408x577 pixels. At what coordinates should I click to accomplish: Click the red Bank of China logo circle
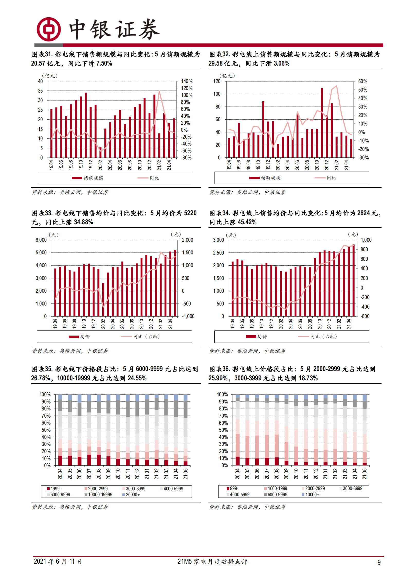click(x=49, y=29)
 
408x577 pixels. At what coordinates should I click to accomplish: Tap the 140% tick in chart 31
click(x=187, y=81)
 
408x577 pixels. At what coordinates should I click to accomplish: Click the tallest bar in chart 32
click(x=322, y=123)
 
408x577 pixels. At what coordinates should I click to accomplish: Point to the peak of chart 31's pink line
click(x=159, y=91)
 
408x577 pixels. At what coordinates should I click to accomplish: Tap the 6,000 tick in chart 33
click(x=41, y=240)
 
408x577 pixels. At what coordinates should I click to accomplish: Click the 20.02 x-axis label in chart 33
click(x=103, y=324)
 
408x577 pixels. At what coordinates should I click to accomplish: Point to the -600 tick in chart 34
click(x=365, y=316)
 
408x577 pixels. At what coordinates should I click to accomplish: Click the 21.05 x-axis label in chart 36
click(x=365, y=474)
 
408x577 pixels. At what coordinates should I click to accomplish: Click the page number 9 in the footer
click(x=379, y=562)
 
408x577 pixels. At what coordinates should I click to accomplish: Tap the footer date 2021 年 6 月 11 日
click(x=58, y=561)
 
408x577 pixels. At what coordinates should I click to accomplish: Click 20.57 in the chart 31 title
click(x=38, y=64)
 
